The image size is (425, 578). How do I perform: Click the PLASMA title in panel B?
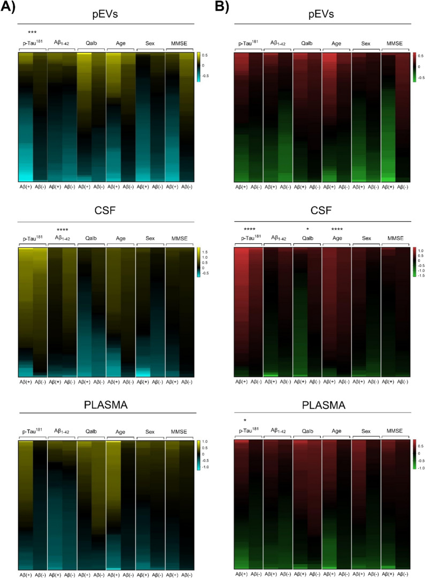click(323, 406)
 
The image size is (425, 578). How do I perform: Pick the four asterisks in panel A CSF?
click(62, 230)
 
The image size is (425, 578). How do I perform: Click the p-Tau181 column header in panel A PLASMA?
click(32, 431)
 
